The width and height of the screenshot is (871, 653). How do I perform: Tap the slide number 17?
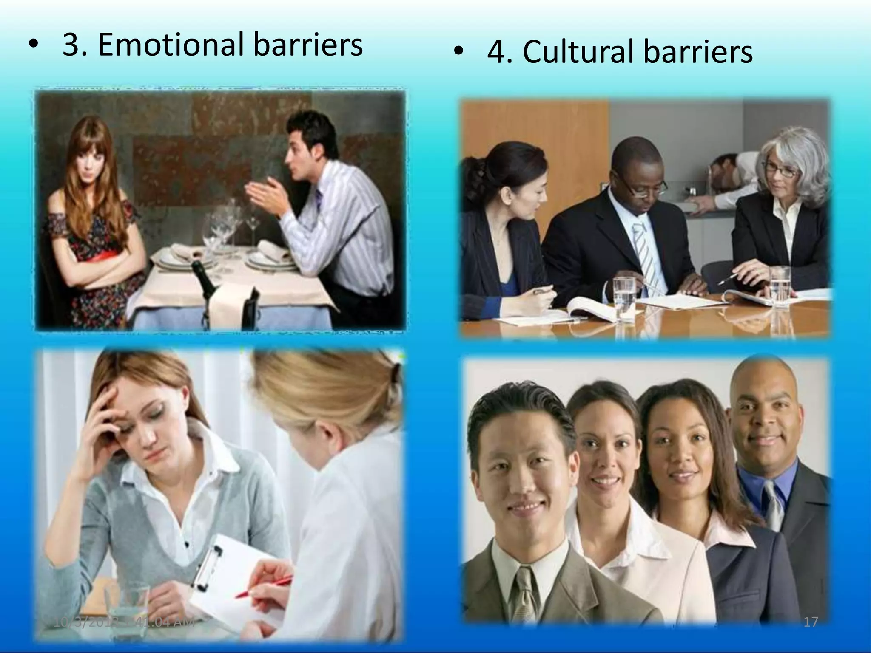pyautogui.click(x=811, y=622)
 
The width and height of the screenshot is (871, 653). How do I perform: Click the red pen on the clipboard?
pyautogui.click(x=264, y=586)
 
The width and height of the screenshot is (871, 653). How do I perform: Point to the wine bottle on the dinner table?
pyautogui.click(x=203, y=276)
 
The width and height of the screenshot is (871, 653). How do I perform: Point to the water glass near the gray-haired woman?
pyautogui.click(x=780, y=287)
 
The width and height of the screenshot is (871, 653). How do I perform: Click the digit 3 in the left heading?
pyautogui.click(x=71, y=45)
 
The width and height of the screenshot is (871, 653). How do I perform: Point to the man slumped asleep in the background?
pyautogui.click(x=728, y=178)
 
